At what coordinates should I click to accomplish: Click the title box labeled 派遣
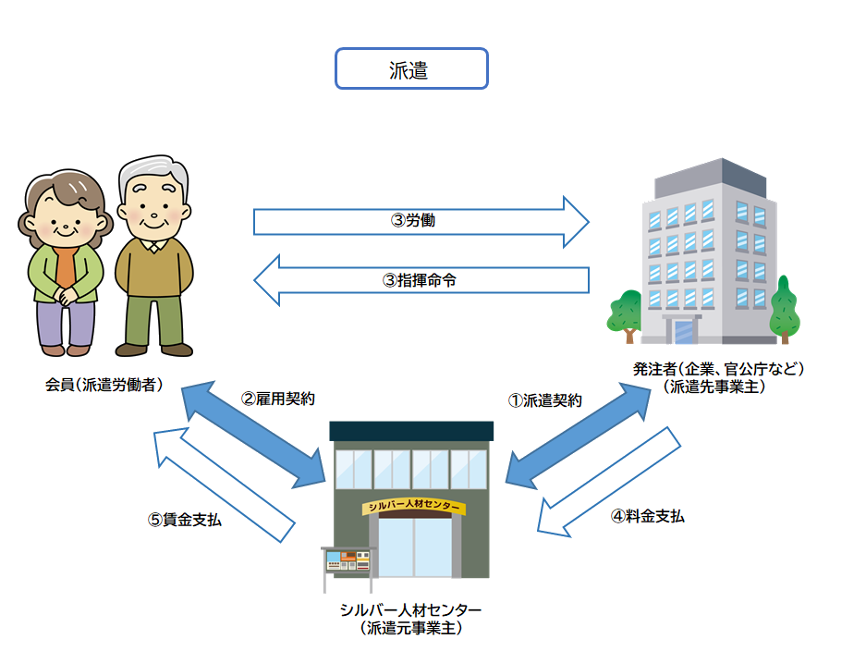[410, 69]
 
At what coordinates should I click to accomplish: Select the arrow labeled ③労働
[421, 222]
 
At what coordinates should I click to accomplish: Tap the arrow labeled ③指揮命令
[421, 280]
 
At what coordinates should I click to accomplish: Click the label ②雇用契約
[278, 399]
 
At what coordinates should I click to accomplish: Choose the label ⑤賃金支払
[185, 520]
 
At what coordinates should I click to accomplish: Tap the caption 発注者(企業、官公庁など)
[718, 369]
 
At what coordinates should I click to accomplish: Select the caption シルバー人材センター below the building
[410, 610]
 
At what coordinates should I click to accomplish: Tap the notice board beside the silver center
[347, 560]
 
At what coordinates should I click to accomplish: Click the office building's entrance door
[685, 331]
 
